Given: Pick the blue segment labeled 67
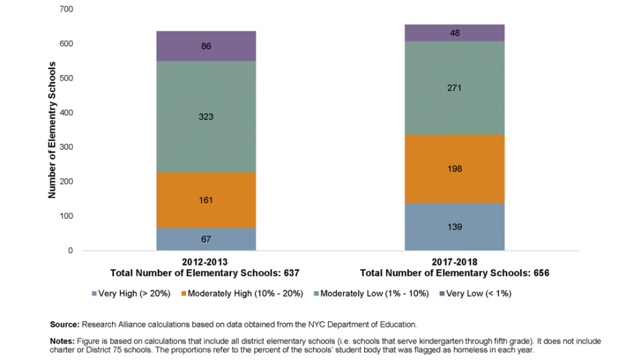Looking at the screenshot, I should point(206,239).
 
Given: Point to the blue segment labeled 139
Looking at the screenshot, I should point(454,227).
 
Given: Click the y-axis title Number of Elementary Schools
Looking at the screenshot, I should point(52,130).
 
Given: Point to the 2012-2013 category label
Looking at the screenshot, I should point(205,262).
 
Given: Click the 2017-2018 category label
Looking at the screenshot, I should point(454,262).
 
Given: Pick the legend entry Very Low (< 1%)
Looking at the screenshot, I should point(478,294).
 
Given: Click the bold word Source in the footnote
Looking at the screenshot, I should point(65,324).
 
